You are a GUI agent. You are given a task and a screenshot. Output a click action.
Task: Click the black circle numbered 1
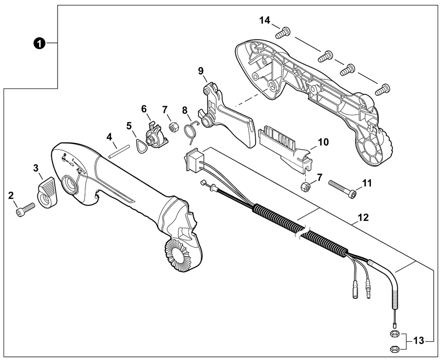pos(39,44)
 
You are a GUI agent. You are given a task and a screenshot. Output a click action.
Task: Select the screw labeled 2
pos(25,210)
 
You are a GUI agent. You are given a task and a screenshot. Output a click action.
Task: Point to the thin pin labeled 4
pos(119,152)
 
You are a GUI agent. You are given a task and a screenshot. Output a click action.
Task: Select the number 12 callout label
pos(363,217)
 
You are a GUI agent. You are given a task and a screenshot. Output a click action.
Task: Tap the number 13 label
pos(419,341)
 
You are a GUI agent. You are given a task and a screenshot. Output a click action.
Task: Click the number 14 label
pos(264,20)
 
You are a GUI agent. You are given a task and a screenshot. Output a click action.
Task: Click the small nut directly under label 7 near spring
pos(172,127)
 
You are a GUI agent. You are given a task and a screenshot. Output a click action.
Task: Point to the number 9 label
pos(201,71)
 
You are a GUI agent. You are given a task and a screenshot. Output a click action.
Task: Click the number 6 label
pos(144,109)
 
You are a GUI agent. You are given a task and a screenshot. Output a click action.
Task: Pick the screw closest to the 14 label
pos(282,33)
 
